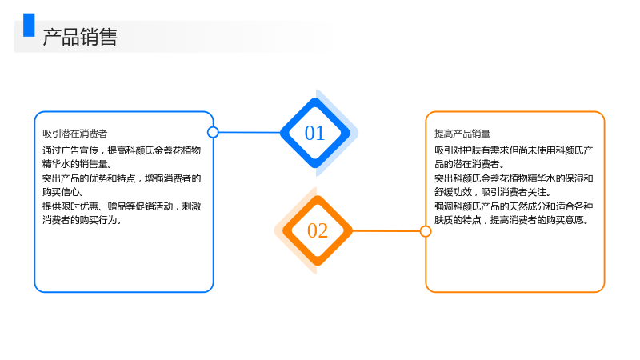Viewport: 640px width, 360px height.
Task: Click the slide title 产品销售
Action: pos(80,37)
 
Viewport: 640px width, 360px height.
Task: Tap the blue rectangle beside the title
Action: pos(29,25)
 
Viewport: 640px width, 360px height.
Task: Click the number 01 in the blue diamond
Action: pos(314,133)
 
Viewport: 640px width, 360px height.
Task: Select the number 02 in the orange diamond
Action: pos(318,230)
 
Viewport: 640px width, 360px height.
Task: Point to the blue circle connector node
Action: pos(213,132)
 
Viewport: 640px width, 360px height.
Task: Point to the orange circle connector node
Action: pos(426,231)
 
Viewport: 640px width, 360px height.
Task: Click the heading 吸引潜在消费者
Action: pos(74,134)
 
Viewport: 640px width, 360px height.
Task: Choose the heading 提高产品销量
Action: pos(462,134)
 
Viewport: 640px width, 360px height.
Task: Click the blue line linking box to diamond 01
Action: pos(250,132)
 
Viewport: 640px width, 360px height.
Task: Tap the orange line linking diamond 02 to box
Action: pos(386,231)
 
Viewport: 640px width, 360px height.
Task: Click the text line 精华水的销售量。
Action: pos(77,164)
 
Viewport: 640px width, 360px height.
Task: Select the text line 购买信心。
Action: pos(63,192)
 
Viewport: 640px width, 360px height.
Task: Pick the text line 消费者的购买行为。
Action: pos(82,220)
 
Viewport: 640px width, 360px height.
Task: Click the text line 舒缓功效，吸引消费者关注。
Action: pos(493,192)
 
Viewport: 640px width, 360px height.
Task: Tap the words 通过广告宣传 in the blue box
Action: pos(70,150)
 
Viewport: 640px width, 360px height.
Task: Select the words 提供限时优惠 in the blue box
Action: pos(70,206)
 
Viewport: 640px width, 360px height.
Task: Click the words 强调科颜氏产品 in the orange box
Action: pos(467,206)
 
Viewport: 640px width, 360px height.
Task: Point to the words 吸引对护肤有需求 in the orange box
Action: pos(471,150)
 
